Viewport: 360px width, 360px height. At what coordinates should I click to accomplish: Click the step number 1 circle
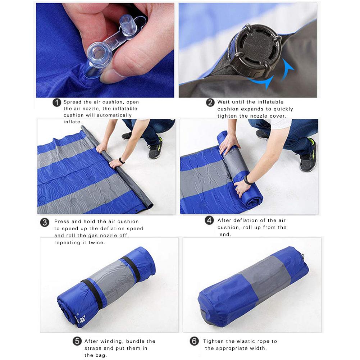[x=57, y=102]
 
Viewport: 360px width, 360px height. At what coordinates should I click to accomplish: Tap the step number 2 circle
[x=210, y=102]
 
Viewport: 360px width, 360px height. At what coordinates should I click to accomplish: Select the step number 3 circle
[x=45, y=222]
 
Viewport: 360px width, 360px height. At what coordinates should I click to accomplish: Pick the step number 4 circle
[x=209, y=220]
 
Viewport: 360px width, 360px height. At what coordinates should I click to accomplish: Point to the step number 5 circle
[x=77, y=341]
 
